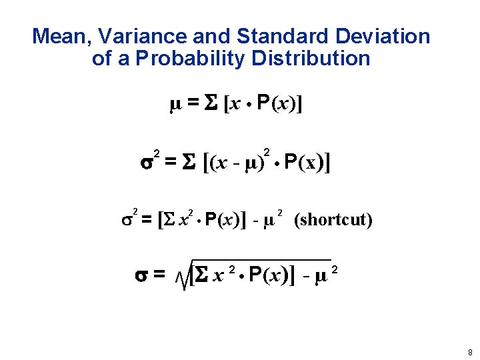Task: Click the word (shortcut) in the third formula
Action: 333,219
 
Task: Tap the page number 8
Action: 470,352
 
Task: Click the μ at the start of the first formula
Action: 175,105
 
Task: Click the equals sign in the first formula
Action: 193,105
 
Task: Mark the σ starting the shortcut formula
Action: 128,219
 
